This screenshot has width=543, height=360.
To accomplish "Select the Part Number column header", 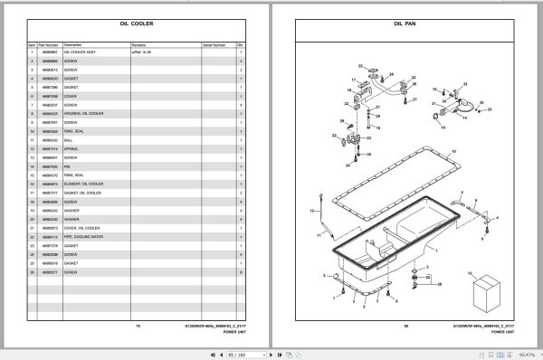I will pyautogui.click(x=48, y=43).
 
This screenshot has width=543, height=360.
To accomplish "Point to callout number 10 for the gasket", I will pyautogui.click(x=453, y=150).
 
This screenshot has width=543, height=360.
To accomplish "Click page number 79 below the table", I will pyautogui.click(x=138, y=325).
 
